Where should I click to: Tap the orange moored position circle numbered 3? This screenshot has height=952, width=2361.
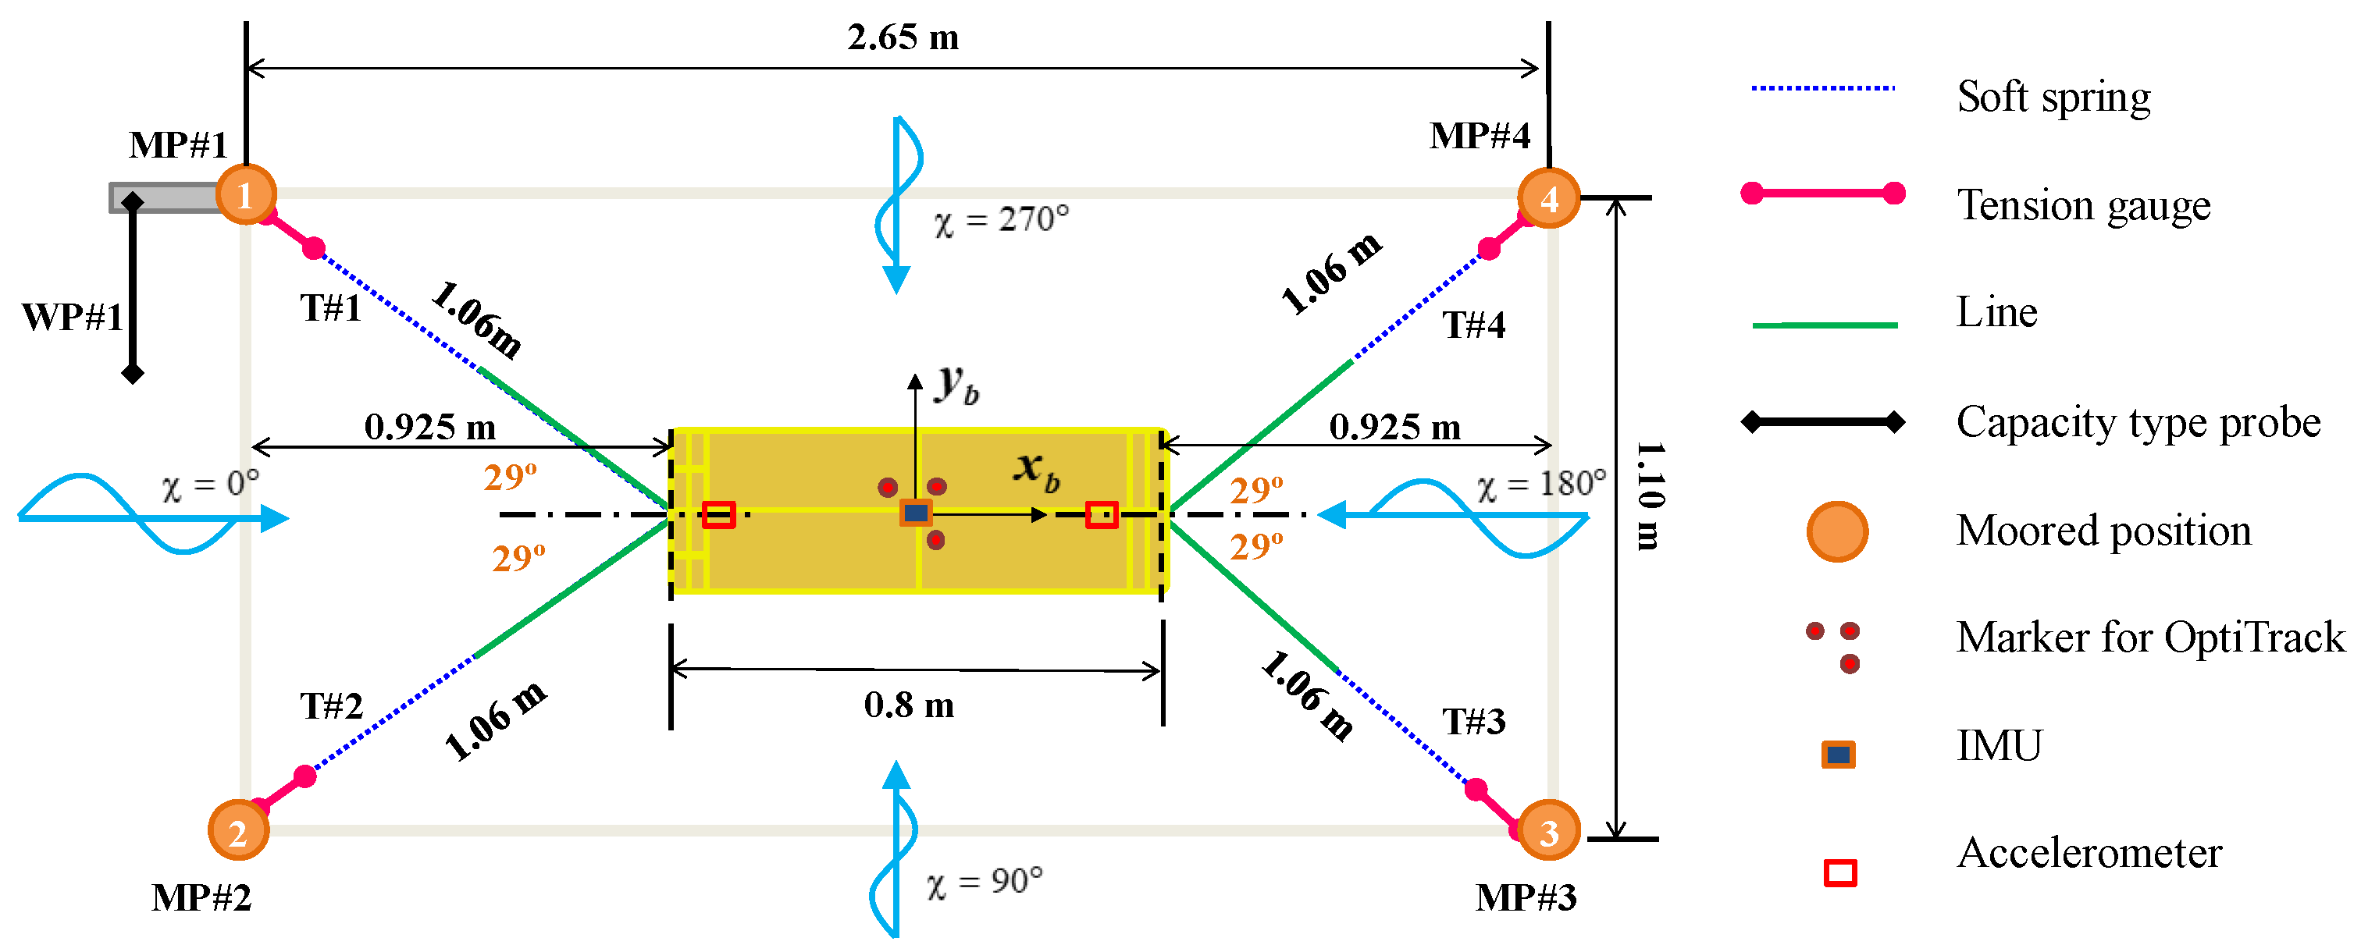pos(1548,831)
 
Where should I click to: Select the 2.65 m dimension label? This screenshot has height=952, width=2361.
pos(903,37)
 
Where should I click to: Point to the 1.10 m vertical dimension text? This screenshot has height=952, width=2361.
pos(1649,496)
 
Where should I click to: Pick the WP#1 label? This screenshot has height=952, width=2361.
pos(72,317)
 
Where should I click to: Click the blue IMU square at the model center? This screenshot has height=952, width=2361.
pos(916,513)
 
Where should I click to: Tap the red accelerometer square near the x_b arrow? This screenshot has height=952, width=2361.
pos(1101,515)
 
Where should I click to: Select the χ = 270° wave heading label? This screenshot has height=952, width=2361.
pos(1001,220)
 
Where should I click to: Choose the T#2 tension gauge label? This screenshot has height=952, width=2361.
pos(331,706)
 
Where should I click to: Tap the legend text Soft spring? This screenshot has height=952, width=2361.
pos(2053,97)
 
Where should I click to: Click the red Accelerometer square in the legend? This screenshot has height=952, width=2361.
pos(1839,872)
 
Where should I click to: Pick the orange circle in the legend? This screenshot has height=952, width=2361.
pos(1837,531)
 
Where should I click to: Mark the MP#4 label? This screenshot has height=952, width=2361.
pos(1480,136)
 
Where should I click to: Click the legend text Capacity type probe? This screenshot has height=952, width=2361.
pos(2138,422)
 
